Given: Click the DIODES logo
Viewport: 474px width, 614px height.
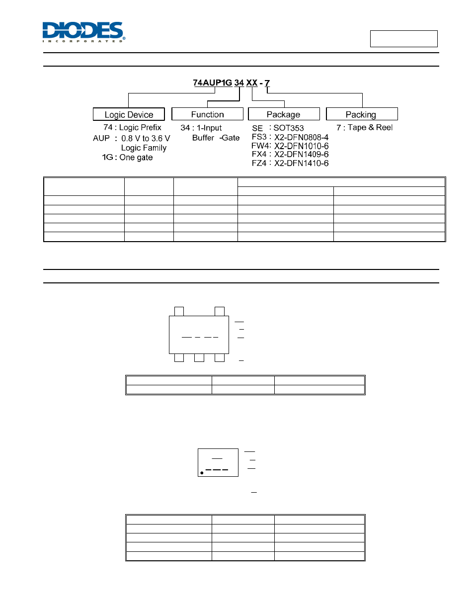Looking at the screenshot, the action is click(x=84, y=32).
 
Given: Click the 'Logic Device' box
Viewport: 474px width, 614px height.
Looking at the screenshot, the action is click(x=129, y=114).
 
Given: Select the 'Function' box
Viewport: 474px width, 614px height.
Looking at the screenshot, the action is click(x=208, y=114).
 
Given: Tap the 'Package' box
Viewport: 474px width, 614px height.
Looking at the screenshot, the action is click(x=284, y=114).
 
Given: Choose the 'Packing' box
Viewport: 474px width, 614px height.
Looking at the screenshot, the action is click(x=362, y=114).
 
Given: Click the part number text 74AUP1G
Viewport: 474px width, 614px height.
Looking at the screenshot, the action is click(x=212, y=83).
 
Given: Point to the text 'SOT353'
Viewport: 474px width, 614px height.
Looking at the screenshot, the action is click(x=289, y=128).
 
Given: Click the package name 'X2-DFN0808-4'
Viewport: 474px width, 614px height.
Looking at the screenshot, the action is click(x=301, y=137).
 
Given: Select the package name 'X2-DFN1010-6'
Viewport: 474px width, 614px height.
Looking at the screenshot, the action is click(x=301, y=146).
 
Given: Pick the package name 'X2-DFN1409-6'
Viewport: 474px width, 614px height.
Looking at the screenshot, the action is click(x=301, y=154).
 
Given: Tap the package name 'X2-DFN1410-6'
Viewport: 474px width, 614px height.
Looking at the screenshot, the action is click(x=301, y=163).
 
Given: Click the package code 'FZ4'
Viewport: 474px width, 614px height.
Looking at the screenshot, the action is click(x=259, y=163).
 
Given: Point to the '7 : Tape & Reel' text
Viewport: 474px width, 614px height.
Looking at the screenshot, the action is click(x=364, y=127).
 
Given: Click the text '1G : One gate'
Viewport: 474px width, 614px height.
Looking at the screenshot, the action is click(x=127, y=158).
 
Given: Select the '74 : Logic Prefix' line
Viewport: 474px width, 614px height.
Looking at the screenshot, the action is click(x=132, y=127).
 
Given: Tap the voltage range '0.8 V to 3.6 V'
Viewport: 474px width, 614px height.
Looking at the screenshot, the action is click(x=146, y=138).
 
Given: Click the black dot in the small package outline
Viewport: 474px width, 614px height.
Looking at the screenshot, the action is click(x=202, y=473).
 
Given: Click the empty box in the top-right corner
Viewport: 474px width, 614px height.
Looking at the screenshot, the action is click(x=404, y=39).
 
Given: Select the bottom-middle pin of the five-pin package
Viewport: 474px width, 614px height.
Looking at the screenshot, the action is click(x=199, y=358).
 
